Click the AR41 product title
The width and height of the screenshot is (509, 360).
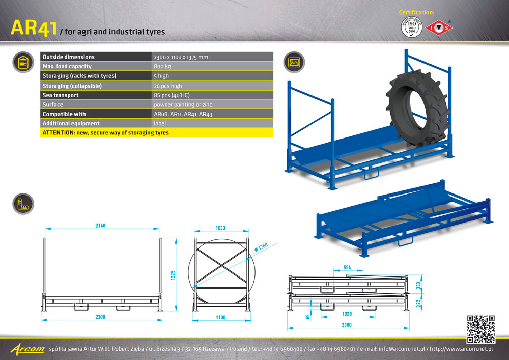pos(34,27)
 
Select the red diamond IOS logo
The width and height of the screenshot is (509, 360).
pos(439,27)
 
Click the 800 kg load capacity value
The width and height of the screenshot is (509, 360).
pos(162,66)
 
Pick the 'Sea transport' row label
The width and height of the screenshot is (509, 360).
pos(61,95)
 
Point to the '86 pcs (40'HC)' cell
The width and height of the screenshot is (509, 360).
pos(172,95)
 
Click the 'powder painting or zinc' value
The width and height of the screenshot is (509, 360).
pos(183,104)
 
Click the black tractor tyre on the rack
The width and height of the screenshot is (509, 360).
pos(418,109)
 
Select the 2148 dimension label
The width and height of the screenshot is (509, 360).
pos(101,225)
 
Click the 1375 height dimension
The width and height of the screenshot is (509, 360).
pos(173,275)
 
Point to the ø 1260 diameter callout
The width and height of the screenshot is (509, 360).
pos(261,247)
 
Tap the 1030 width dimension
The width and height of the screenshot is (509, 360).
pos(220,228)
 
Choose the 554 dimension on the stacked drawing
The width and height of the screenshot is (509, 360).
pos(347,267)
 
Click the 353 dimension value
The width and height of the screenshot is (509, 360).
pos(418,285)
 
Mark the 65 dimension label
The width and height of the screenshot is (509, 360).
pos(308,317)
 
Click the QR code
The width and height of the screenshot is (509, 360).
pos(481,329)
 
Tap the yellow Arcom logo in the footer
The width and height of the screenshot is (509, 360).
pos(27,349)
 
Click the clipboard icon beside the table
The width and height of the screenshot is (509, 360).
pos(23,62)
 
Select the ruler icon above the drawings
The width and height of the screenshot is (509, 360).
pos(23,204)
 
